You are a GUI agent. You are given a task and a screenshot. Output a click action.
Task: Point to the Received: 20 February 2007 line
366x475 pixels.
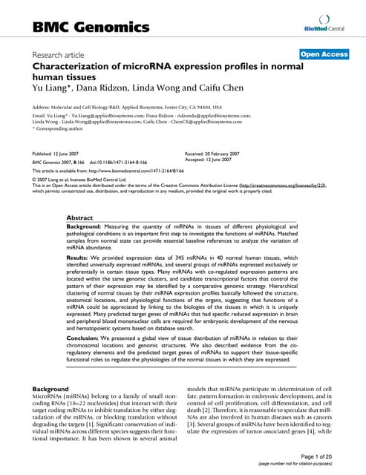pyautogui.click(x=222, y=152)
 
